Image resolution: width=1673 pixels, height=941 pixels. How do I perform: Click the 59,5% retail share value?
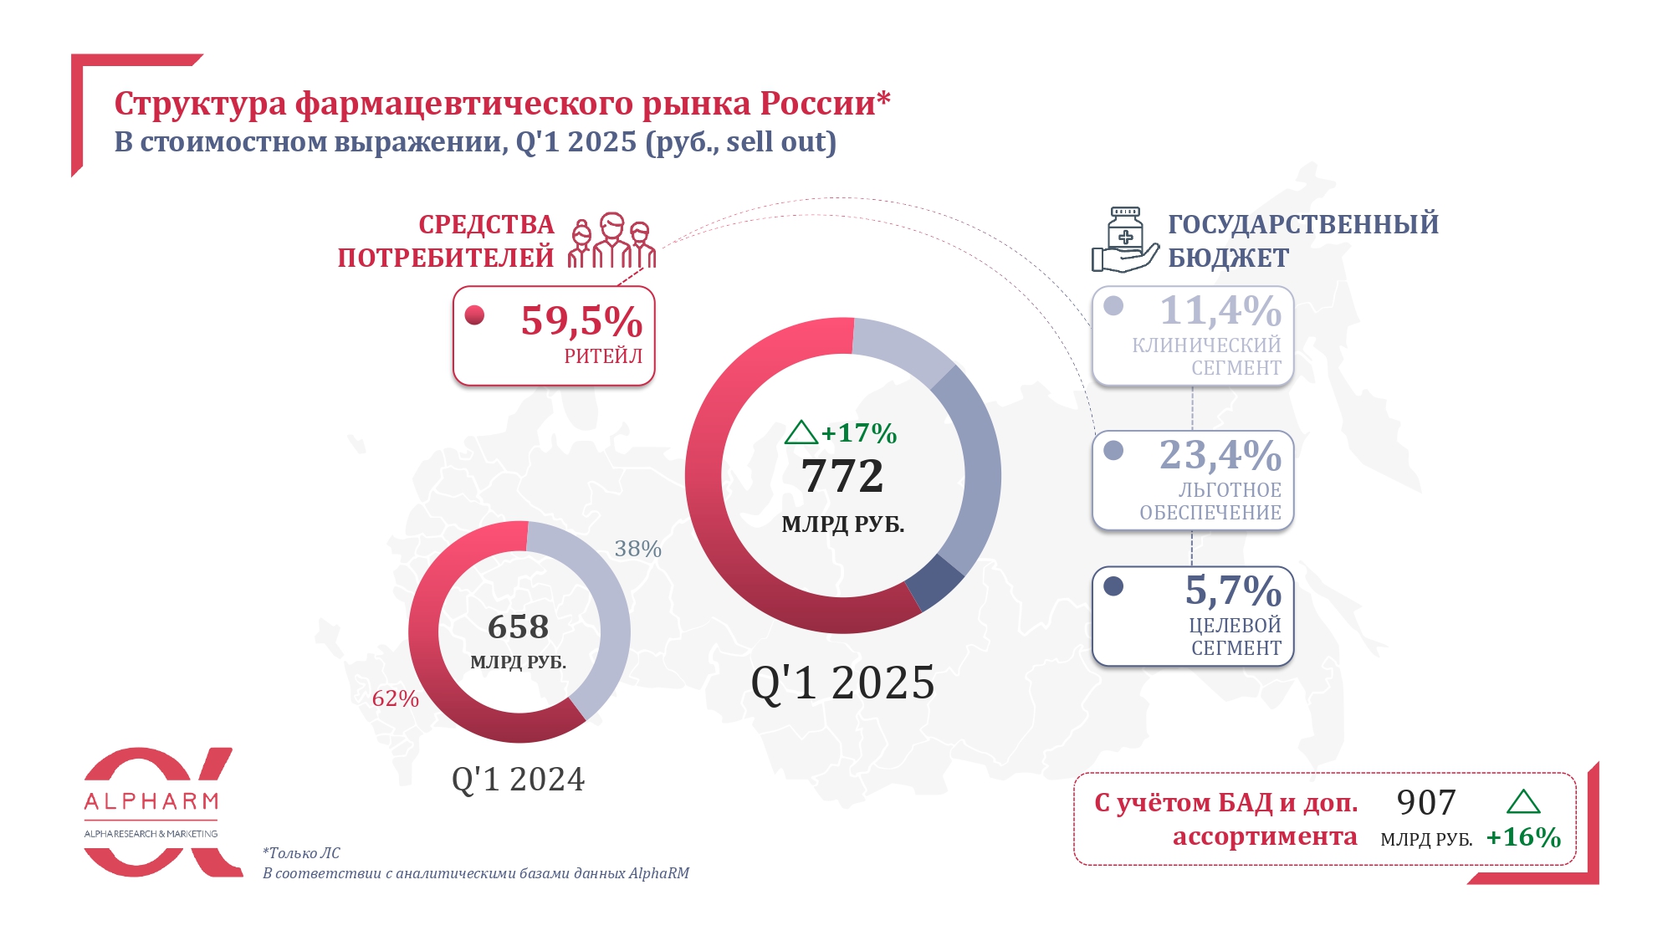click(x=581, y=321)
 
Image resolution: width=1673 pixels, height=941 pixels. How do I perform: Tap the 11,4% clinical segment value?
click(x=1220, y=311)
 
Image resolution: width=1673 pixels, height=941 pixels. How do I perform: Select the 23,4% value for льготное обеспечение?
click(x=1220, y=456)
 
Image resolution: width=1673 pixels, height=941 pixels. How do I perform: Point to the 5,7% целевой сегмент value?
click(x=1233, y=591)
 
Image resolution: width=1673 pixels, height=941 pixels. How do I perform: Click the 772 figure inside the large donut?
click(x=842, y=477)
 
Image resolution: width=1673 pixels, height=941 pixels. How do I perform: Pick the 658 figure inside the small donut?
click(x=519, y=627)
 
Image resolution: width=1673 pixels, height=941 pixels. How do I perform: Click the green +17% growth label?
click(x=858, y=433)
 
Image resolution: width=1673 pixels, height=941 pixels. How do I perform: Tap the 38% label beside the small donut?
click(x=637, y=549)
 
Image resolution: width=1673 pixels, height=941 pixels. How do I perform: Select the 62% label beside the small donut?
click(x=395, y=698)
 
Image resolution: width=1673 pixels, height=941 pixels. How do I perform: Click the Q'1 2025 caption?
click(x=842, y=683)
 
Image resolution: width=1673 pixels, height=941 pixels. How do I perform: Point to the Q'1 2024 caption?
click(x=519, y=780)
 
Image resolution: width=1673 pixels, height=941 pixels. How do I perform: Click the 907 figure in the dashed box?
click(x=1426, y=803)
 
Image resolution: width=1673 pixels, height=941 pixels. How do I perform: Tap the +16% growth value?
click(x=1523, y=837)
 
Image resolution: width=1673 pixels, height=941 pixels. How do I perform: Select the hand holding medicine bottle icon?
click(x=1125, y=241)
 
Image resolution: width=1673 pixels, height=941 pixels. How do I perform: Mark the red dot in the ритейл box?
click(x=474, y=315)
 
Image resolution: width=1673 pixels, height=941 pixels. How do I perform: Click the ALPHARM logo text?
click(x=151, y=802)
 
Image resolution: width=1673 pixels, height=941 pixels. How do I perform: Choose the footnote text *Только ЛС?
click(x=301, y=853)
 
